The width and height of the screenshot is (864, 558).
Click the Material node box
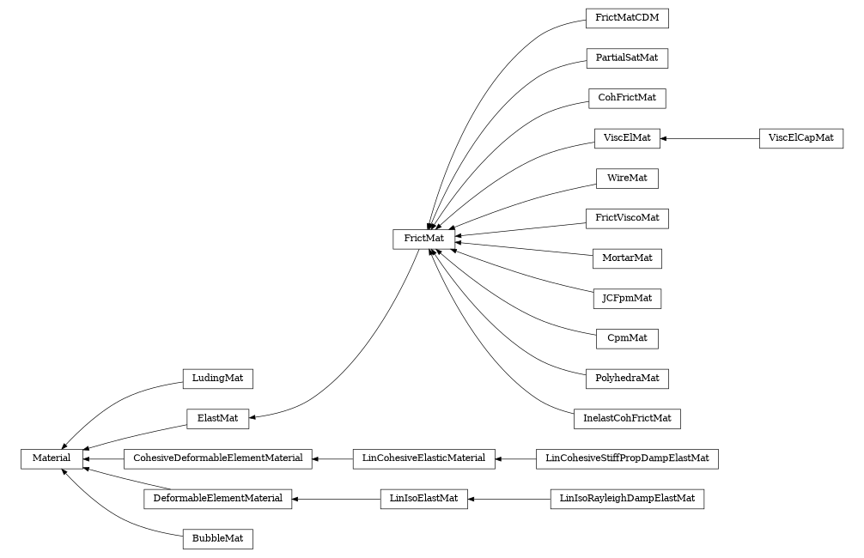pyautogui.click(x=52, y=459)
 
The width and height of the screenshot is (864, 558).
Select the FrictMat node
pyautogui.click(x=423, y=238)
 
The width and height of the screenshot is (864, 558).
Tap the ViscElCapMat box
pyautogui.click(x=800, y=138)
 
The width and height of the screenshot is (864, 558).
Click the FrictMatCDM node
pyautogui.click(x=626, y=18)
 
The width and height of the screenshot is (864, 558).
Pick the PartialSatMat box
pyautogui.click(x=626, y=58)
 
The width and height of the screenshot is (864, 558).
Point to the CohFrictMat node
pyautogui.click(x=626, y=98)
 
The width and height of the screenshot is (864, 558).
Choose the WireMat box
pyautogui.click(x=626, y=179)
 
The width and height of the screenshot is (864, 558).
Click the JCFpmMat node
pyautogui.click(x=626, y=299)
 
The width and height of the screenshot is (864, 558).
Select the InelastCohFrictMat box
pyautogui.click(x=626, y=419)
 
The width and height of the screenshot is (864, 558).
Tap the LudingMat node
pyautogui.click(x=217, y=379)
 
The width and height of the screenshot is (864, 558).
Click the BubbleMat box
pyautogui.click(x=217, y=539)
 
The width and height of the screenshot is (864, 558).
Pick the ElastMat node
pyautogui.click(x=217, y=419)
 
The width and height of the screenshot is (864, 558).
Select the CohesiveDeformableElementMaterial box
pyautogui.click(x=217, y=459)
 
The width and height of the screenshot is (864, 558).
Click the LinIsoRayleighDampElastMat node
pyautogui.click(x=626, y=499)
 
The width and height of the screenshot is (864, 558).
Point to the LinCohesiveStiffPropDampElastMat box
pyautogui.click(x=626, y=459)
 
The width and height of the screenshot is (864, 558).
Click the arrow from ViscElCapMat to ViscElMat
pyautogui.click(x=709, y=138)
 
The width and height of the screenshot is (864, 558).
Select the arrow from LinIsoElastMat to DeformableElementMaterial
pyautogui.click(x=336, y=499)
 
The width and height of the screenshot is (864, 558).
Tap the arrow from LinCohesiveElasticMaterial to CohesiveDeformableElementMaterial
pyautogui.click(x=332, y=459)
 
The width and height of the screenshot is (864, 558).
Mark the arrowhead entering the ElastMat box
pyautogui.click(x=254, y=418)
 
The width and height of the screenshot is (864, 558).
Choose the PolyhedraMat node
pyautogui.click(x=626, y=379)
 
